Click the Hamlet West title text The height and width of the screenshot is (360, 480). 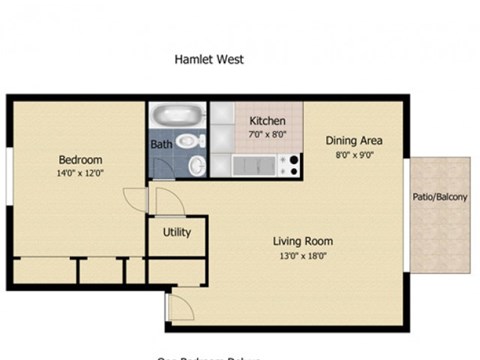[x=210, y=59]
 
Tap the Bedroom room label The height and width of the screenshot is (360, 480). [x=80, y=160]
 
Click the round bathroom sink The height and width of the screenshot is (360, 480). [x=197, y=165]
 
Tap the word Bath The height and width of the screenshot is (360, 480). [x=161, y=144]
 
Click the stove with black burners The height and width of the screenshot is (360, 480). [x=291, y=165]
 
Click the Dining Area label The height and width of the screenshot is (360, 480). [x=354, y=141]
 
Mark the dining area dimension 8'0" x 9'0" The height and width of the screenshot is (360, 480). [x=354, y=155]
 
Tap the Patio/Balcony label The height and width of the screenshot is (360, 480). [x=440, y=197]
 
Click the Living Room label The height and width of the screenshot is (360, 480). [x=303, y=241]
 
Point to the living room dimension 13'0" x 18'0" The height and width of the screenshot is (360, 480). [x=303, y=256]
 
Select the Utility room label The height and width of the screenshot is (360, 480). [x=176, y=233]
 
